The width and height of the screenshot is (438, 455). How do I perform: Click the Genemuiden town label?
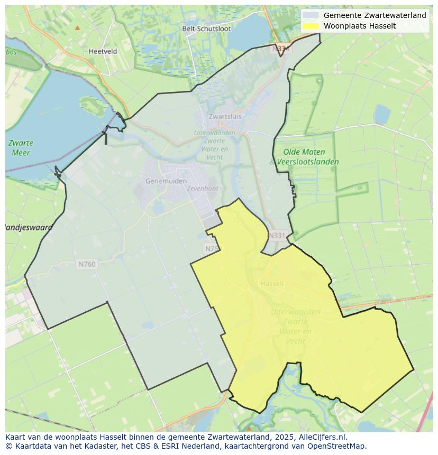pos(166,181)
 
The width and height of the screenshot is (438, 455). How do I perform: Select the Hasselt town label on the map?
pos(272,284)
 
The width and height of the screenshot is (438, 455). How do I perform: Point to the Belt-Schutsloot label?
pos(206,29)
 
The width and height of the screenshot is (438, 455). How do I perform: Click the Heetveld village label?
pos(103,51)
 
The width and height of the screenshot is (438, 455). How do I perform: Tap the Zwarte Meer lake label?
pos(21,147)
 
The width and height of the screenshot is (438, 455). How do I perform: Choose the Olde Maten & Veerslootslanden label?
pos(304,157)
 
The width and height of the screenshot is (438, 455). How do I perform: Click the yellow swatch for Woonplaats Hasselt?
pos(311,26)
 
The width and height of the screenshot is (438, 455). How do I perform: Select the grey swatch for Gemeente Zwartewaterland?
pos(311,15)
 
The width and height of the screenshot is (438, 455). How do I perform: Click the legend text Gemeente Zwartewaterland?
pos(375,15)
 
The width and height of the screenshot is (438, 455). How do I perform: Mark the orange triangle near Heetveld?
pos(78,27)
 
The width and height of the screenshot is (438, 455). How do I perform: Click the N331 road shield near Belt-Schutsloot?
pos(282,49)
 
